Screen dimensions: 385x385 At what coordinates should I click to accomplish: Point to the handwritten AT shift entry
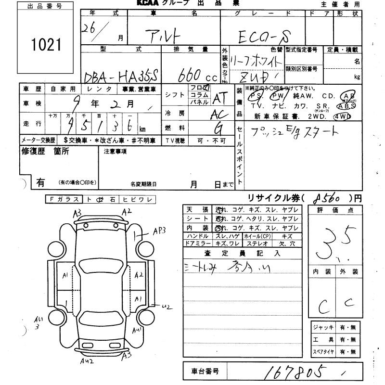219,98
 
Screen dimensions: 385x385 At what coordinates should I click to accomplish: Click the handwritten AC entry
219,114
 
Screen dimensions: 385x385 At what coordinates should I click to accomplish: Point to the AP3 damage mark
159,230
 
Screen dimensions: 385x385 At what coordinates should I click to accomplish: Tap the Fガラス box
64,199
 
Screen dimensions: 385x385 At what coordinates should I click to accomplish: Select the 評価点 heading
334,210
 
